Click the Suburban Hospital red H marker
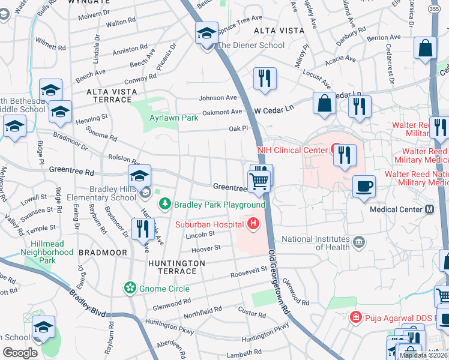tap(253, 224)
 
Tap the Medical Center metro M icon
tap(429, 209)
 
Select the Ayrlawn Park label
tap(173, 118)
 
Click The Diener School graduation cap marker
tap(206, 33)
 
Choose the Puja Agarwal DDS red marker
tap(356, 316)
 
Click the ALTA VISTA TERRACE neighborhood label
tap(112, 91)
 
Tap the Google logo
tap(20, 353)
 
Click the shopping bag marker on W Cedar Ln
tap(324, 103)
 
